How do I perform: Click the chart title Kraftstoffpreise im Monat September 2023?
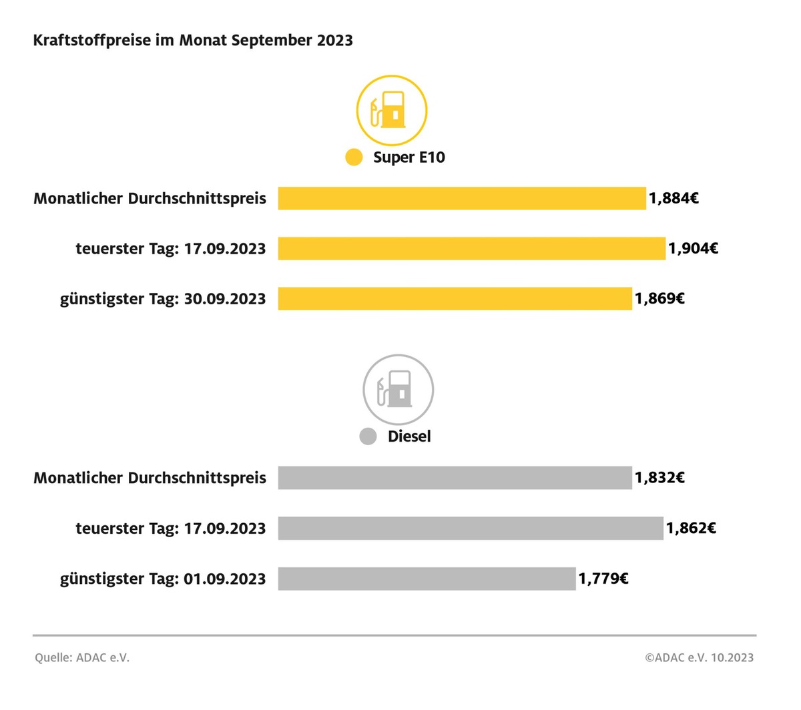click(x=193, y=40)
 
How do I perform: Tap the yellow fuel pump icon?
click(x=391, y=111)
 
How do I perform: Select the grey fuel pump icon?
click(x=398, y=390)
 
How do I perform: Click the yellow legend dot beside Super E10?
click(x=354, y=157)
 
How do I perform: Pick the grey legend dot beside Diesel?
click(x=368, y=436)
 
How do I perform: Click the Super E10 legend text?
click(x=409, y=157)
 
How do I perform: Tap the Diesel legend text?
click(x=409, y=436)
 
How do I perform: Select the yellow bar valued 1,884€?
click(x=462, y=198)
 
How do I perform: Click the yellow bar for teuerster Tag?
click(x=471, y=248)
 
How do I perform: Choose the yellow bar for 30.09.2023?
click(x=455, y=298)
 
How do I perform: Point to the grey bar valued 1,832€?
click(x=455, y=478)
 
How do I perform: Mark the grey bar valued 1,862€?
click(x=471, y=528)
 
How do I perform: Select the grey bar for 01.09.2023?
click(x=427, y=579)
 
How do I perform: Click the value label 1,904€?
click(x=693, y=248)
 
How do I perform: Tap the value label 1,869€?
click(x=659, y=298)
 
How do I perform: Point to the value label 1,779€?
click(x=603, y=579)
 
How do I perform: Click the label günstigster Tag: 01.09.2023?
click(x=163, y=579)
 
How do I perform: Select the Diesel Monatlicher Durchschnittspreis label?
click(x=150, y=478)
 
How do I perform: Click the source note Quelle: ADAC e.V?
click(x=82, y=657)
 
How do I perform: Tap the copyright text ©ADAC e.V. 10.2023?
click(x=699, y=657)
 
